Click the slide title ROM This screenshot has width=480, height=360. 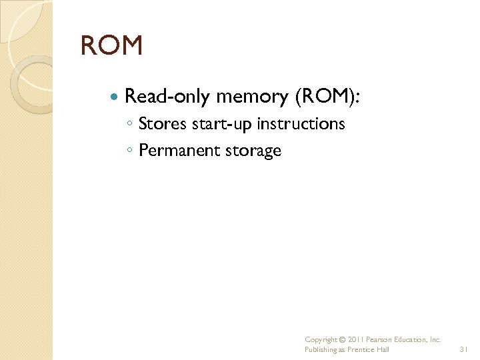111,46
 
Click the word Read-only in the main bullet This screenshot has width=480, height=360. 167,97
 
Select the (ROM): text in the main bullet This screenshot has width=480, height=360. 327,97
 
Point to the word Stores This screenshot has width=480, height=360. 163,124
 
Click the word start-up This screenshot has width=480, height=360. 221,125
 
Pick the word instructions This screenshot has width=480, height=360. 301,124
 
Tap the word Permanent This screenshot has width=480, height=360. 176,151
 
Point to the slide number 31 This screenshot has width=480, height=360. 465,349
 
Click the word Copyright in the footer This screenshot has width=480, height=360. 321,339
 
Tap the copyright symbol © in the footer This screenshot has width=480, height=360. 342,339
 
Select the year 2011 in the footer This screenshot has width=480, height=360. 355,339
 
